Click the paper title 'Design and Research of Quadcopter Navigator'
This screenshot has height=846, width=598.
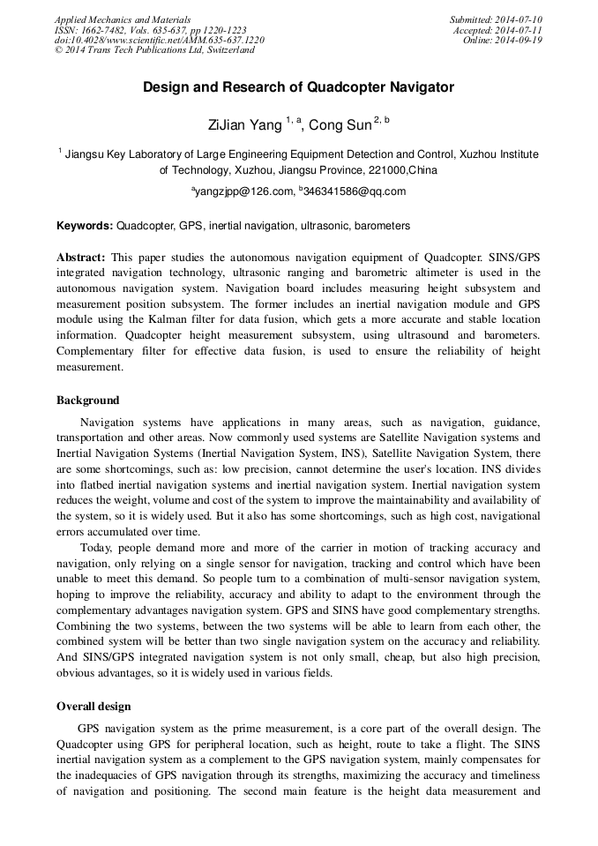(298, 87)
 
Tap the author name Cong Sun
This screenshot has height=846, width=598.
(340, 125)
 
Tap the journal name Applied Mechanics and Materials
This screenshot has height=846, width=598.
(122, 19)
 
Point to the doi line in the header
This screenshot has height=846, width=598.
(159, 41)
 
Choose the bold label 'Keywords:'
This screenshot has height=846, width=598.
(85, 226)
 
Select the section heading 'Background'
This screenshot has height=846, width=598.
(87, 401)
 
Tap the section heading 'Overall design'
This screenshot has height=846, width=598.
(93, 706)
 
